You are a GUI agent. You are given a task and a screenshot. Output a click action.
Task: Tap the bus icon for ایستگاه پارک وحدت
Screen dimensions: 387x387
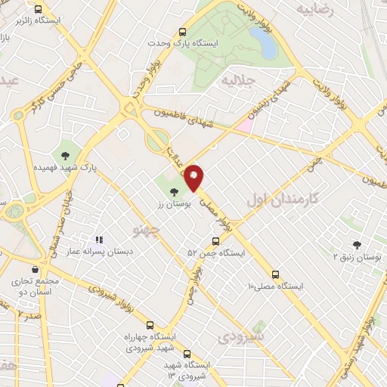pos(182,32)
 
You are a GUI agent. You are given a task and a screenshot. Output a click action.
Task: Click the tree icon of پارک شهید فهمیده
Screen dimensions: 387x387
pos(65,155)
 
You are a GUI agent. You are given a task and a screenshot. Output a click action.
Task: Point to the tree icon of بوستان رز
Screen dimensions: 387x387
pos(175,192)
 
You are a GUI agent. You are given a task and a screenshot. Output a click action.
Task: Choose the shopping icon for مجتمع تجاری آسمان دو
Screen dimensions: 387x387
pos(35,269)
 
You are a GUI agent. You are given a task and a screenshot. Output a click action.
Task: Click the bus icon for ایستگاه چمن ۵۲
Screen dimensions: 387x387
pos(215,242)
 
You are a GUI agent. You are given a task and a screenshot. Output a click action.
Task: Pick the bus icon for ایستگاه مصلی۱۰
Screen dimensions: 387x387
pos(275,275)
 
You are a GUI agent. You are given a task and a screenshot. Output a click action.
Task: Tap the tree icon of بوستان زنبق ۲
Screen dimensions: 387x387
pos(357,245)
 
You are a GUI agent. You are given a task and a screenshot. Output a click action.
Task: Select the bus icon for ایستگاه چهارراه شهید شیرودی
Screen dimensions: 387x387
pos(149,324)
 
